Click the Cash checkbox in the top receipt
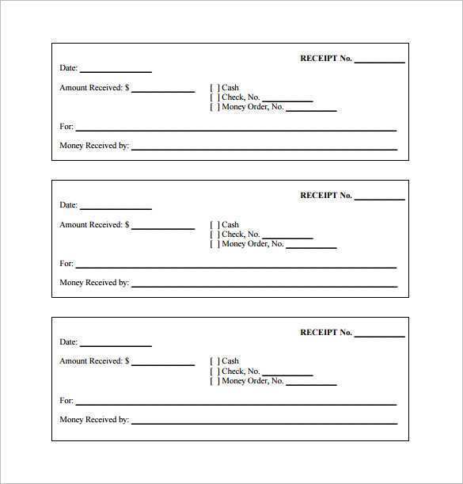pos(214,88)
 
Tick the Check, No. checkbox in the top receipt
pos(214,97)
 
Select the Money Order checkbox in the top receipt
pos(214,107)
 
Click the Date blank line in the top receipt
pos(116,70)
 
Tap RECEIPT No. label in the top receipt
pos(325,59)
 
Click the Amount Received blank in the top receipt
pos(163,90)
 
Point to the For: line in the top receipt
pos(236,128)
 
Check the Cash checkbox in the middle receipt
pos(214,225)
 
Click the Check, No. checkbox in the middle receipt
pos(214,234)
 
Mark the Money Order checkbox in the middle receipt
pos(214,244)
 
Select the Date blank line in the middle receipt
pos(116,207)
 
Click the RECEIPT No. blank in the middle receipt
pos(379,197)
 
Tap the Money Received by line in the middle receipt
pos(264,284)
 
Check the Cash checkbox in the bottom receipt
pos(214,361)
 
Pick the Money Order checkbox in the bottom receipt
pos(214,380)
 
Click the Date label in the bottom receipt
pos(68,342)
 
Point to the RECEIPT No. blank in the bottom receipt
pos(379,334)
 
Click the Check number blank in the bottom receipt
pos(287,373)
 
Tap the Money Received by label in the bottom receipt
pos(94,420)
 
